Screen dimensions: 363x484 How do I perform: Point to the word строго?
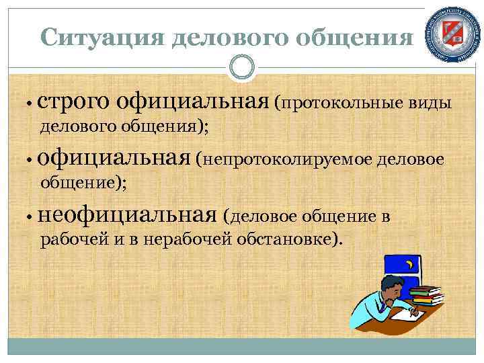[74, 102]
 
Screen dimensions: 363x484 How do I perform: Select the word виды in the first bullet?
[432, 103]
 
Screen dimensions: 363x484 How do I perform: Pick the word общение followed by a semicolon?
[85, 182]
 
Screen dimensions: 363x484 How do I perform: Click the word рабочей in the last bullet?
[70, 238]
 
